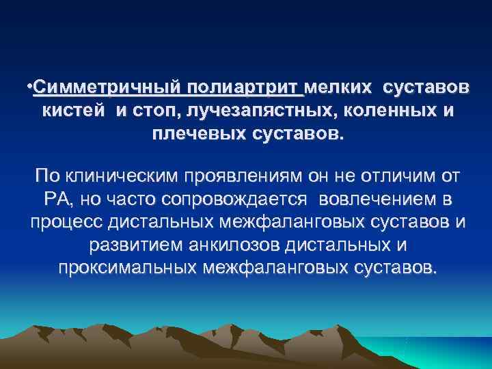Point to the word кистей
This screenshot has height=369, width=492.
click(x=70, y=111)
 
